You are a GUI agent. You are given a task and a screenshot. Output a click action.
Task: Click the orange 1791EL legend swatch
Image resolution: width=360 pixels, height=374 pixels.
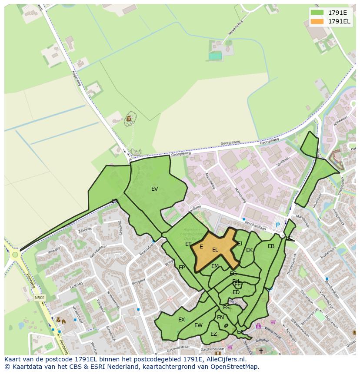pos(318,21)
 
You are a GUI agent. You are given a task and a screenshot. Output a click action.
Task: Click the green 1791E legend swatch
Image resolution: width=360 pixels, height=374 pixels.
pos(318,13)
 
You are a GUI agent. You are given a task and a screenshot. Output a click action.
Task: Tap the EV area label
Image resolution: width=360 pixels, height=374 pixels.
pos(155,189)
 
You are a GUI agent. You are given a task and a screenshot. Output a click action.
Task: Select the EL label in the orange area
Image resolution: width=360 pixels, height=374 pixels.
pos(215,250)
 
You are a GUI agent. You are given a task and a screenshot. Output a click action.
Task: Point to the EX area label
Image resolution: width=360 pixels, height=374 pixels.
pos(182,320)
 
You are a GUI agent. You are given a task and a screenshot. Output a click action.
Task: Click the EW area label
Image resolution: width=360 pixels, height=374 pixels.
pos(198,325)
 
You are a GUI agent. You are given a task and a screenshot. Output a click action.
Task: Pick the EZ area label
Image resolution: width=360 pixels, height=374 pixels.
pos(213,334)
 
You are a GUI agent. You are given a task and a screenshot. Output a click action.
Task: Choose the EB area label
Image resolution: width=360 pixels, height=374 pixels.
pos(271,246)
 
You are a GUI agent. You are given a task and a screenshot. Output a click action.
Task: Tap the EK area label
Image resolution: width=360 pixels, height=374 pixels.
pos(249,250)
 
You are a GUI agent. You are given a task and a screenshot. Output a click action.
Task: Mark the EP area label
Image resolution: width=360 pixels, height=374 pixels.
pos(182,267)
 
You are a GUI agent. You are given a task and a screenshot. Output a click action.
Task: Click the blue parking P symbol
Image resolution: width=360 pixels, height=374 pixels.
pos(278,225)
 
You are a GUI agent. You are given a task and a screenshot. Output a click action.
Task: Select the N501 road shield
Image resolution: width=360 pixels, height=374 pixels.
pos(40,298)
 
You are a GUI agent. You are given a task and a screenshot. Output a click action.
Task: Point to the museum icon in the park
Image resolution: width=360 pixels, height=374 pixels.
pos(129,118)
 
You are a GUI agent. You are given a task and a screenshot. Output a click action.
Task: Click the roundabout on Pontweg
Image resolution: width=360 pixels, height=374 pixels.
pos(15,255)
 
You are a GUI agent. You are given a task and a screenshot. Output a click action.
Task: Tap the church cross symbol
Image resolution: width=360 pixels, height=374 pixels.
pos(261,351)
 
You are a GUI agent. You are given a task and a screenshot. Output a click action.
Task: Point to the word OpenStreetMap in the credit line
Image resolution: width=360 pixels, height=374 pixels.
pos(237,367)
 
